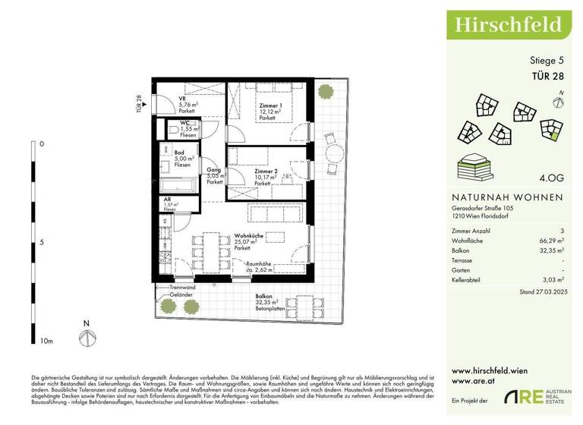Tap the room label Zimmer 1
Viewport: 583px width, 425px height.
(269, 105)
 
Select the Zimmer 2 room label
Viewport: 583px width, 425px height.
(267, 172)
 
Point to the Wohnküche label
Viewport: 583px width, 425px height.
(251, 236)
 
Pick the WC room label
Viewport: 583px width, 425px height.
(184, 123)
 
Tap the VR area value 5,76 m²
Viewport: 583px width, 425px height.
(188, 105)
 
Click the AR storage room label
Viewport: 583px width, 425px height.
(168, 200)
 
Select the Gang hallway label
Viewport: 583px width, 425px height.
(214, 171)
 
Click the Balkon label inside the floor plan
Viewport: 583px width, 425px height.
(263, 297)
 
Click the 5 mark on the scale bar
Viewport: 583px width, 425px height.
(43, 243)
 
